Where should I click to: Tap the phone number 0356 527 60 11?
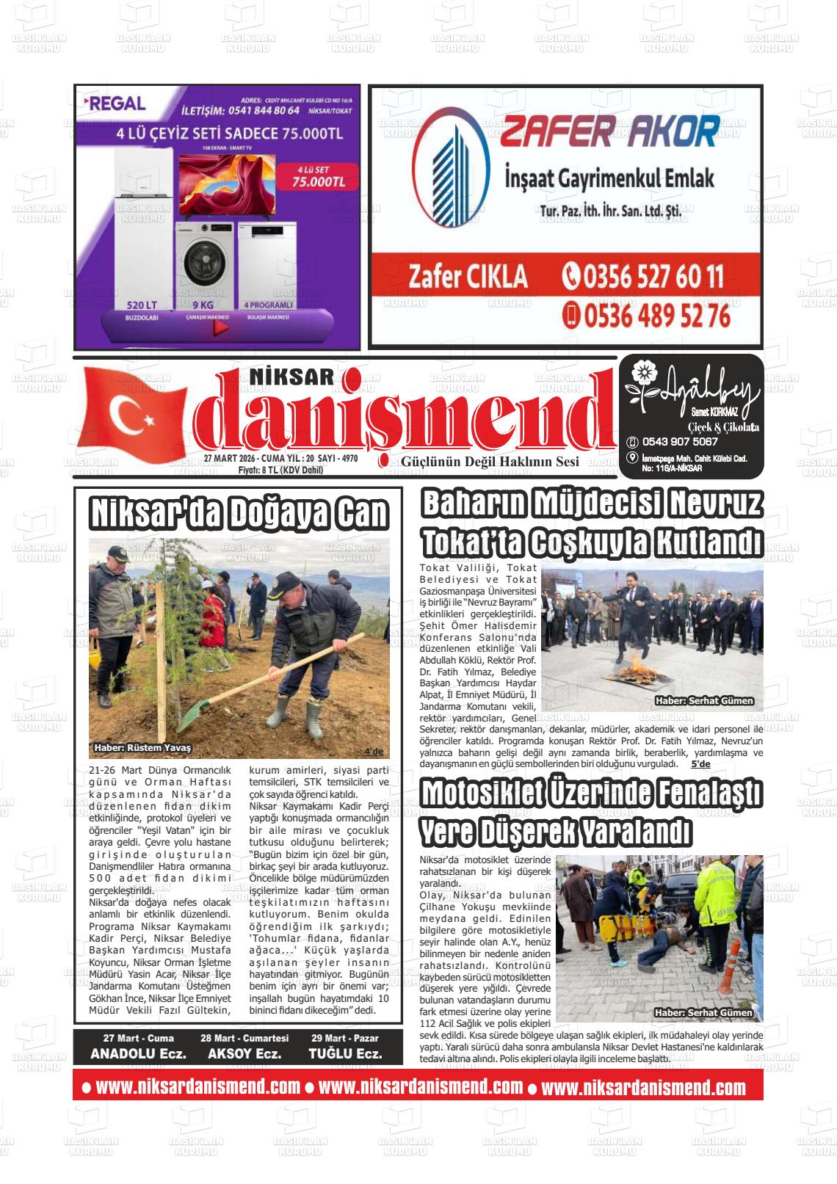642,277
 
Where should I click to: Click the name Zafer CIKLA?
468,277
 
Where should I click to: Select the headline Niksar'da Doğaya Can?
238,513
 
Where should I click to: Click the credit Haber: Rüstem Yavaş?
142,748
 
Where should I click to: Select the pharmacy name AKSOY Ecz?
244,1054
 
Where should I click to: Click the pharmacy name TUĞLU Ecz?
345,1054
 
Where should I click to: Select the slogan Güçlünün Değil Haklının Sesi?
490,461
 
